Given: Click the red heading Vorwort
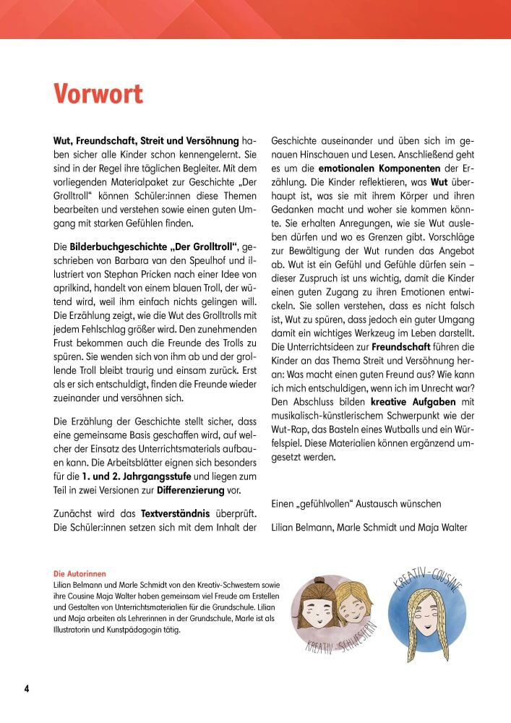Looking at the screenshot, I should point(98,95).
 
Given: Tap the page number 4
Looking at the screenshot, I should point(27,688).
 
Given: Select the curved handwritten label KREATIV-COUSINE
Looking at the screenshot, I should point(429,585).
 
